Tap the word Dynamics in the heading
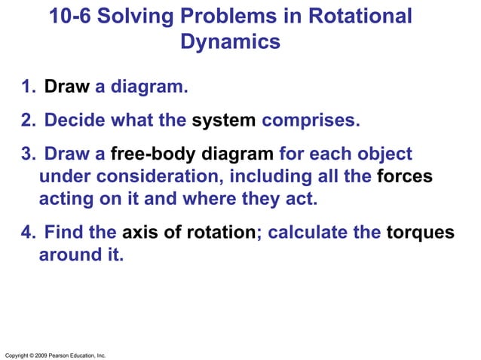pyautogui.click(x=230, y=42)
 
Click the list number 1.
pyautogui.click(x=28, y=87)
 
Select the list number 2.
pyautogui.click(x=28, y=121)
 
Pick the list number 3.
pyautogui.click(x=28, y=155)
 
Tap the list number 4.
pyautogui.click(x=28, y=233)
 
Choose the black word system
pyautogui.click(x=224, y=121)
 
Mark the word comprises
pyautogui.click(x=311, y=121)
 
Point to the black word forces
pyautogui.click(x=404, y=178)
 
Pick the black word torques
pyautogui.click(x=420, y=233)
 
